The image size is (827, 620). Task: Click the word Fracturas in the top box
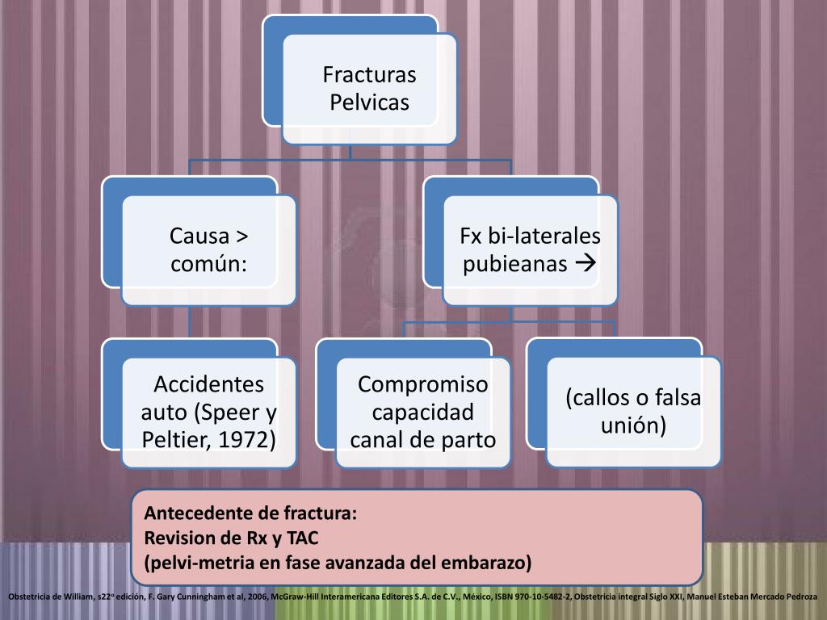pyautogui.click(x=369, y=75)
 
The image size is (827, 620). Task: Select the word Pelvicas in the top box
pyautogui.click(x=369, y=103)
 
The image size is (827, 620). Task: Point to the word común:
pyautogui.click(x=208, y=263)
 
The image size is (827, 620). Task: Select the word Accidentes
pyautogui.click(x=208, y=383)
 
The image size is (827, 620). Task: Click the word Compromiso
pyautogui.click(x=423, y=383)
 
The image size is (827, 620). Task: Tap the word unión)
pyautogui.click(x=633, y=425)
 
